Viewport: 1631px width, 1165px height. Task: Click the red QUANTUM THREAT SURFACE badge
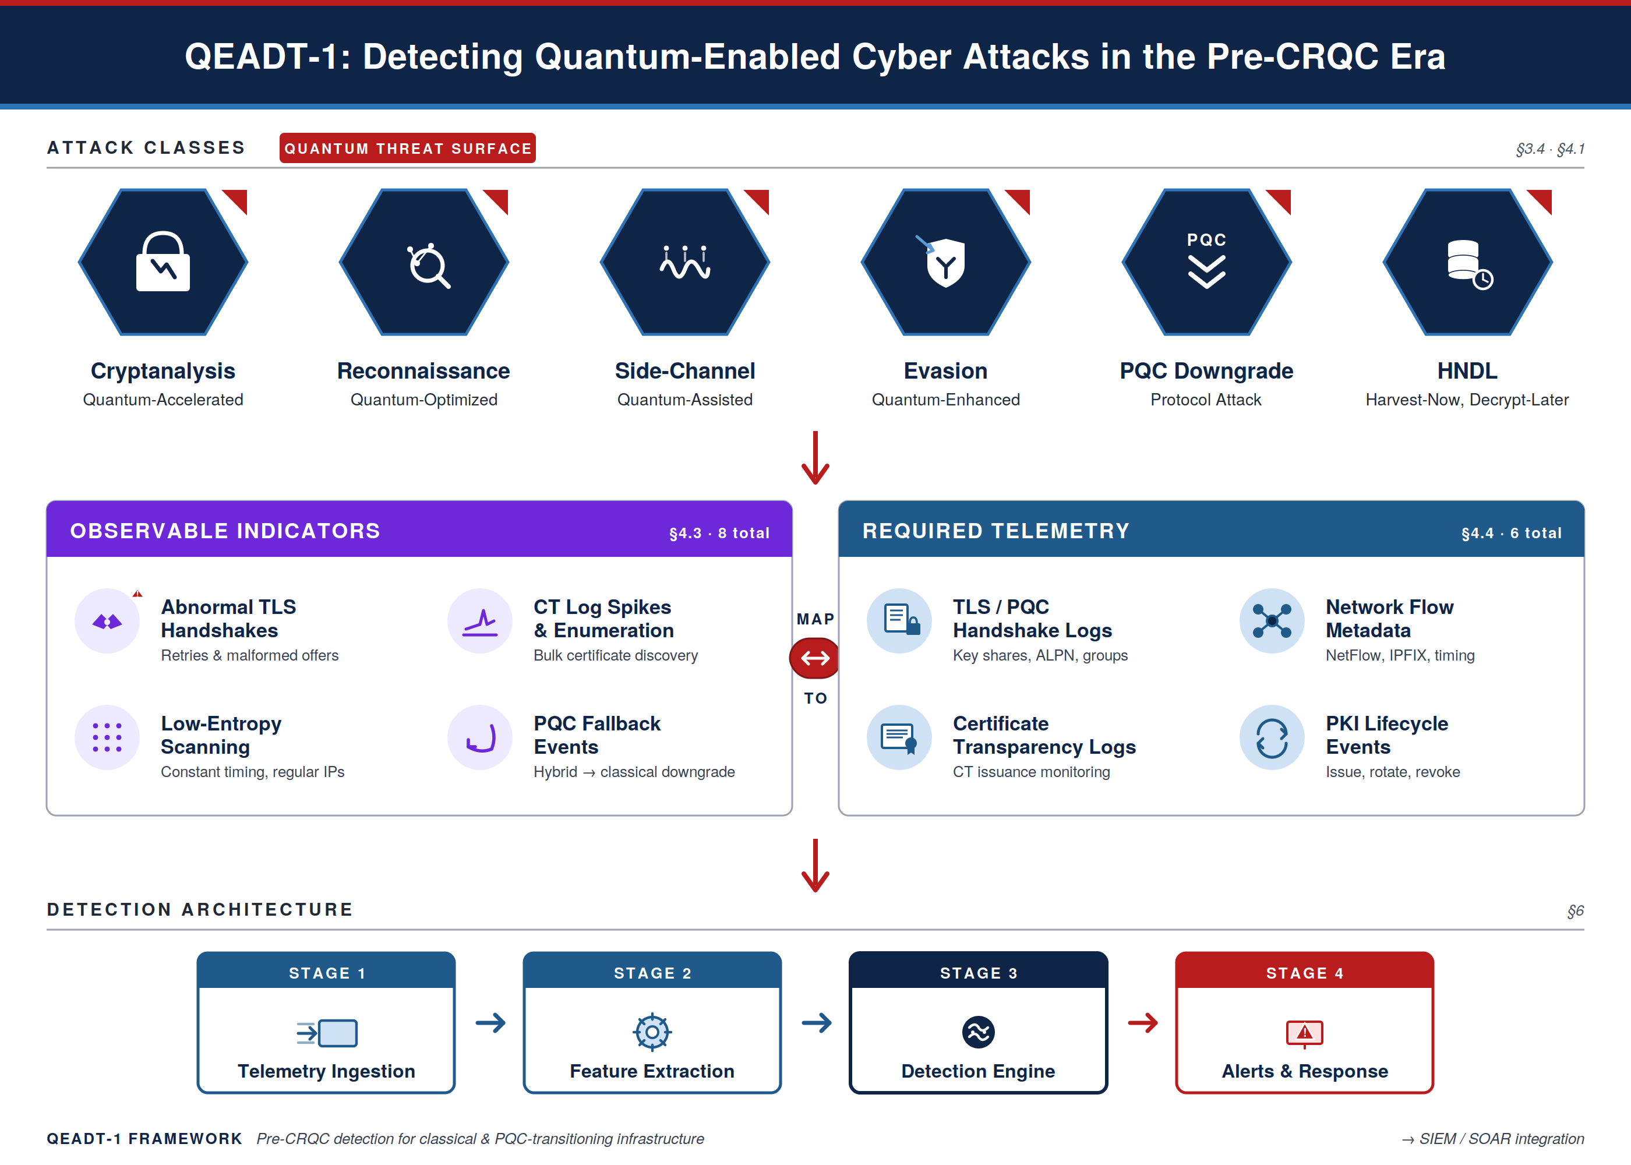407,149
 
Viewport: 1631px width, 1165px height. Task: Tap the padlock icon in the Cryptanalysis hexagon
163,263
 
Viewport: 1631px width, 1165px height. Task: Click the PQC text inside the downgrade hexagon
1206,239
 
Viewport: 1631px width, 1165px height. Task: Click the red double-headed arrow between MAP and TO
815,658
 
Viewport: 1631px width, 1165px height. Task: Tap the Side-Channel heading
684,371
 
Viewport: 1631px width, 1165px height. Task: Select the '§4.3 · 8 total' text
719,533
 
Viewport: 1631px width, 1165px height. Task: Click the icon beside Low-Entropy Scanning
107,737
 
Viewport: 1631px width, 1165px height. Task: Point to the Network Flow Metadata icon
1272,622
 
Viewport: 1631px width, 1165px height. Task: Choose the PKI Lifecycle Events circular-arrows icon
1272,737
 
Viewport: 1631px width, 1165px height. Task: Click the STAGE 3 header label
979,973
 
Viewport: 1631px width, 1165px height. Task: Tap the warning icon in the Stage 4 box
1304,1033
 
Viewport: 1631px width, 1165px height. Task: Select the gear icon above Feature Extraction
652,1032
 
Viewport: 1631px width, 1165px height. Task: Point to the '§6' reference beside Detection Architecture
1575,910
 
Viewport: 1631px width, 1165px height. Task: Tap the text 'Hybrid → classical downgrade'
634,772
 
